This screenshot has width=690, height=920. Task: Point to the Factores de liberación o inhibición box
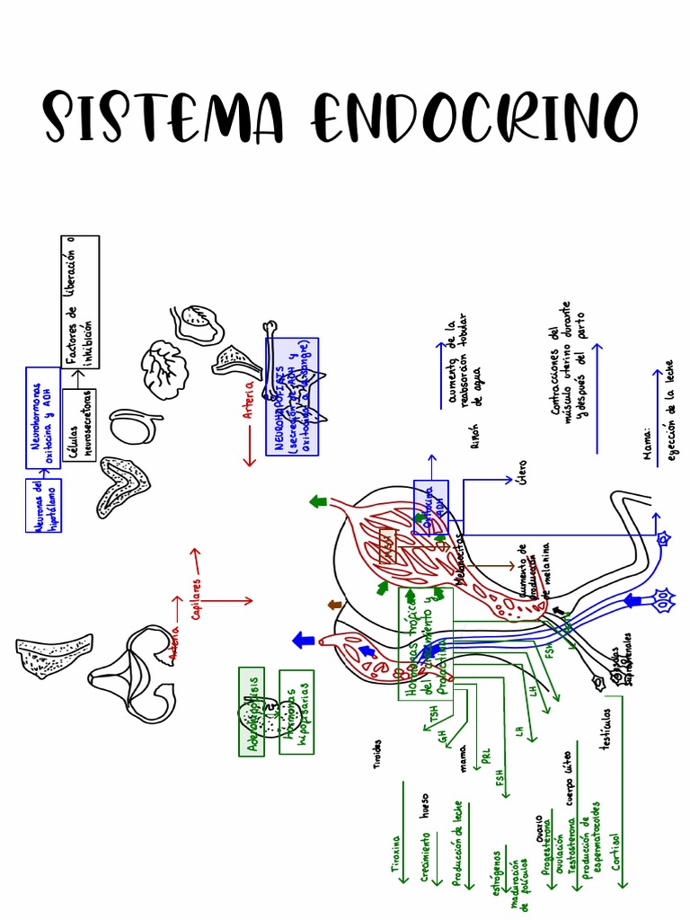pos(81,302)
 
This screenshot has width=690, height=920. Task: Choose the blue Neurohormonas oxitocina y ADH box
pos(43,418)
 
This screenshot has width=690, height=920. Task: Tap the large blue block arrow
pos(304,640)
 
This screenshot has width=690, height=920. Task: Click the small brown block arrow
pos(335,605)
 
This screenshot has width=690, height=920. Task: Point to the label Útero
pos(523,492)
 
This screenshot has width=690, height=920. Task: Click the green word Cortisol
pos(615,851)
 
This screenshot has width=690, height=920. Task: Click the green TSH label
pos(433,715)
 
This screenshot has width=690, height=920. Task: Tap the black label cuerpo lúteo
pos(566,777)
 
